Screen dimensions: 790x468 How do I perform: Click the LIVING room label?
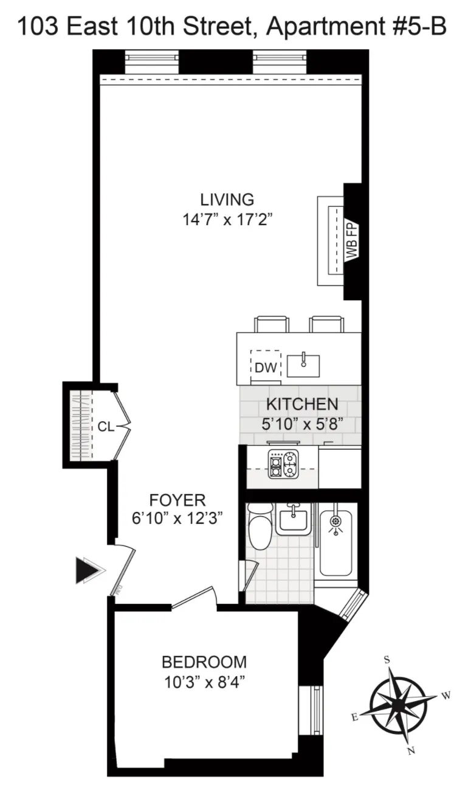coord(227,199)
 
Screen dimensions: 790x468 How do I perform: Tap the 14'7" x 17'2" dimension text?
coord(227,220)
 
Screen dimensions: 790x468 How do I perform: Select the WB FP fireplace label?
coord(352,241)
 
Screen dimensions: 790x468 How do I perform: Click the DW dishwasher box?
coord(266,367)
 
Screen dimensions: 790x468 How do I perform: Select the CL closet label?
coord(105,427)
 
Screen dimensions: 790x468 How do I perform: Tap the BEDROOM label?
coord(204,662)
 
